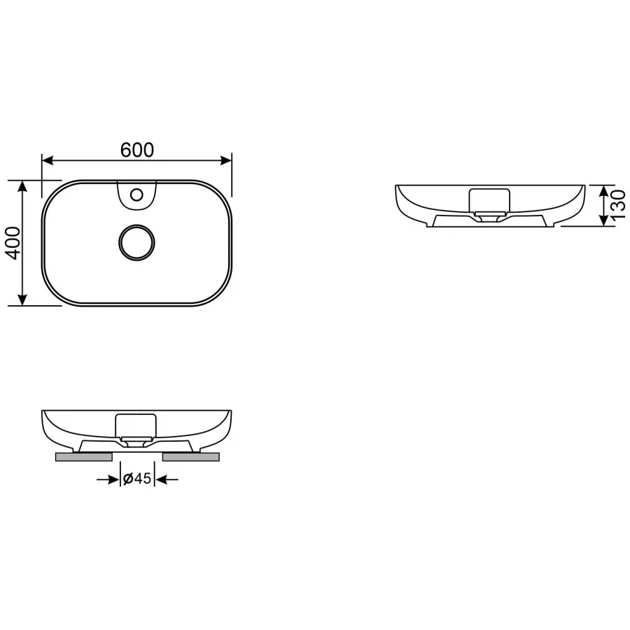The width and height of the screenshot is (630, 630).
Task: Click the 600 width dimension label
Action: [x=136, y=150]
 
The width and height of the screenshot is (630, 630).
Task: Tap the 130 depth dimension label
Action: [x=617, y=206]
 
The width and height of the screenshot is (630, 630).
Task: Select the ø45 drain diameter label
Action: [x=137, y=479]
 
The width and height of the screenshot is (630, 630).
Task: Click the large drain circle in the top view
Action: [x=136, y=243]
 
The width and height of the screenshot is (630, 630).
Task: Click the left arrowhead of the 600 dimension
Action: [x=48, y=160]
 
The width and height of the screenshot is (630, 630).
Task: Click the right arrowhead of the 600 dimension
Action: [x=226, y=160]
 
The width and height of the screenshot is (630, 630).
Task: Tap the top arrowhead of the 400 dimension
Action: [x=23, y=185]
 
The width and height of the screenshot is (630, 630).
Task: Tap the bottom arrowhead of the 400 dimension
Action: [x=23, y=300]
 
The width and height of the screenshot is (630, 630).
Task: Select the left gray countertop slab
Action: [x=84, y=457]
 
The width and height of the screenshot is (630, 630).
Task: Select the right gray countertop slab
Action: [x=190, y=457]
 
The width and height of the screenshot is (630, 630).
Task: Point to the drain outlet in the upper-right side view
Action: [x=488, y=216]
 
